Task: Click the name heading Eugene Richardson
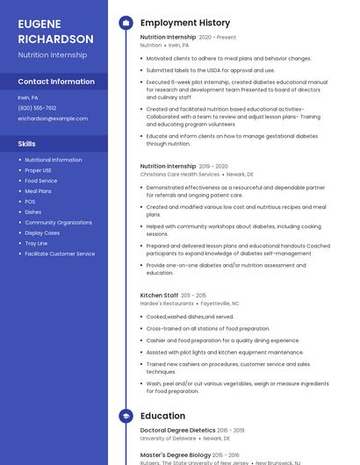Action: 55,32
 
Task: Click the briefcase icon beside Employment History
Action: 126,23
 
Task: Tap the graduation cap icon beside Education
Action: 126,416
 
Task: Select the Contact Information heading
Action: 56,82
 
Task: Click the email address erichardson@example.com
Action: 53,118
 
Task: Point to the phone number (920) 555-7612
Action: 37,108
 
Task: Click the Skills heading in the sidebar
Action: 27,143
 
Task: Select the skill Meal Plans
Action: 39,190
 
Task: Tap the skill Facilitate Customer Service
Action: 60,254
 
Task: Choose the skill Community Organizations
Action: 59,222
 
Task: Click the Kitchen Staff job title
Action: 159,296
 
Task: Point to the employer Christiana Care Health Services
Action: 180,175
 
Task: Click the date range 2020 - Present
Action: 217,38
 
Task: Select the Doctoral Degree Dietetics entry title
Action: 177,431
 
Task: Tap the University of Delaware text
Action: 169,439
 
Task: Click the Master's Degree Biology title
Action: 176,455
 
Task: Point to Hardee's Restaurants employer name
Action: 167,304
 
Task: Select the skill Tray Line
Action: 37,243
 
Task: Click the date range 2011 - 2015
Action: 195,296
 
